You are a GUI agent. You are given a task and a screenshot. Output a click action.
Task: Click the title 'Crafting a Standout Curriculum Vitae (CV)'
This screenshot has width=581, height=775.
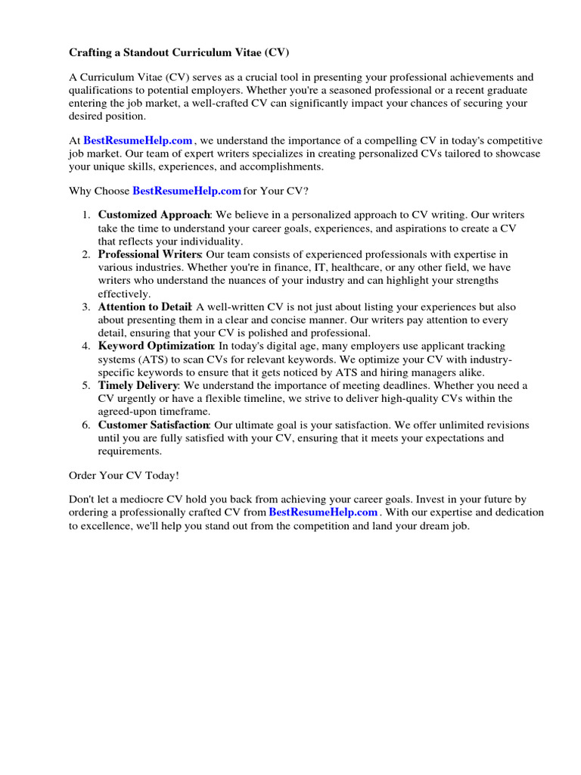pos(179,53)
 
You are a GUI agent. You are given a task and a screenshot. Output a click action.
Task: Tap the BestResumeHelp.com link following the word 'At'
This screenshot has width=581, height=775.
pos(138,141)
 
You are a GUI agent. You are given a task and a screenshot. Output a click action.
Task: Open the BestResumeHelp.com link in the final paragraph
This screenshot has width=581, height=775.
pos(323,512)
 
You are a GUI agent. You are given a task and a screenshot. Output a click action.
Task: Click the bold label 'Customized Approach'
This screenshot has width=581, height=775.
pos(154,215)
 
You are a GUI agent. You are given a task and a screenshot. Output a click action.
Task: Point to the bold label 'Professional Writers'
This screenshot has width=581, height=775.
pos(150,254)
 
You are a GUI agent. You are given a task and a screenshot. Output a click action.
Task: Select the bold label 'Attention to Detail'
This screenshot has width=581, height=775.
pos(144,307)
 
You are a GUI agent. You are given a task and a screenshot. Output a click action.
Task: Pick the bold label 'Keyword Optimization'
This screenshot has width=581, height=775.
pos(155,346)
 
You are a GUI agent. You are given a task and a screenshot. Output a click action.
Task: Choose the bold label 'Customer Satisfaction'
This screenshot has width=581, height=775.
pos(154,425)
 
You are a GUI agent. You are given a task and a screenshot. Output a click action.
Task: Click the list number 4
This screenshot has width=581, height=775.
pos(85,346)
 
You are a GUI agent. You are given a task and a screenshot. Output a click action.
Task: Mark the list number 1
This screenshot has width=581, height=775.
pos(85,215)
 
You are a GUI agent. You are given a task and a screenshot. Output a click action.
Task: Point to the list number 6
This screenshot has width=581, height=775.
pos(85,425)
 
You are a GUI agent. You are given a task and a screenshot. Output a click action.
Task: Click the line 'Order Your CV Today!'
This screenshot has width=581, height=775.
pos(125,475)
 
